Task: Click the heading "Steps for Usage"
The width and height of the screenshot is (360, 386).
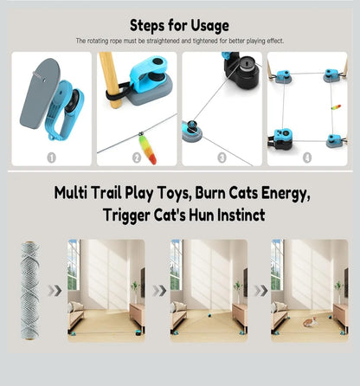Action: click(x=179, y=26)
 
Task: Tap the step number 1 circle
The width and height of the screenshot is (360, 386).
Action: click(x=52, y=158)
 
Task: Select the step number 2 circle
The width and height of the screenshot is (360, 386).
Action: click(x=137, y=158)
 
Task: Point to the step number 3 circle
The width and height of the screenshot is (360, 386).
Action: click(x=222, y=158)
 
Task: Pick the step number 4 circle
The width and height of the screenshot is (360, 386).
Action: click(x=307, y=158)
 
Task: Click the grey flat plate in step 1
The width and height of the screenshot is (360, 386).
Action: click(x=39, y=93)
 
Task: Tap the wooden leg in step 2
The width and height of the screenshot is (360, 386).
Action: click(x=112, y=78)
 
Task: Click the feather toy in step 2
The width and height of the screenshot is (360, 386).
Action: click(x=147, y=149)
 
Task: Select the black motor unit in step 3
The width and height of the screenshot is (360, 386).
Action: click(x=243, y=71)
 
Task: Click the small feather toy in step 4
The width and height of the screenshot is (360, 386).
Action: click(x=336, y=107)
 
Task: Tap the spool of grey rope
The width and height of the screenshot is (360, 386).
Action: click(x=30, y=291)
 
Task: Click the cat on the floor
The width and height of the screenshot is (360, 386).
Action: click(x=310, y=322)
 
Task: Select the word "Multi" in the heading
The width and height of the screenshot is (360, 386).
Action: click(x=71, y=193)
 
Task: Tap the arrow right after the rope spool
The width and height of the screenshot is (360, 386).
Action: click(x=55, y=291)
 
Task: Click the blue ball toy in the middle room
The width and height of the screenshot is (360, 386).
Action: click(x=208, y=315)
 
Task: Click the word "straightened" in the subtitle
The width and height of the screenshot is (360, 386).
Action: click(x=163, y=41)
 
